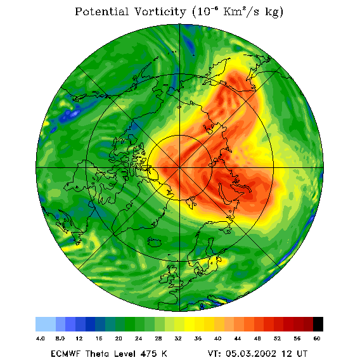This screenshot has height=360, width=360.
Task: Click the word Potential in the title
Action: pyautogui.click(x=101, y=11)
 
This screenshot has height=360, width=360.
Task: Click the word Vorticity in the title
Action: pyautogui.click(x=160, y=11)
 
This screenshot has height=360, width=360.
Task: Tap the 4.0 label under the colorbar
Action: pyautogui.click(x=41, y=338)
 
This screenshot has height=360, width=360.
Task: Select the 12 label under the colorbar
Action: pyautogui.click(x=79, y=338)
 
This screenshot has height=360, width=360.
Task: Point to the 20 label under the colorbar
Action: pyautogui.click(x=119, y=338)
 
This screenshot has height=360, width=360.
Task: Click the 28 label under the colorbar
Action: pyautogui.click(x=158, y=338)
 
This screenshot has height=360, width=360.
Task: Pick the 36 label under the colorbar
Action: pyautogui.click(x=198, y=338)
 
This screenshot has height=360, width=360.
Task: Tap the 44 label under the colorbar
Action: pyautogui.click(x=238, y=338)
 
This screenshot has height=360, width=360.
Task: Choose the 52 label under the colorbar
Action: pyautogui.click(x=278, y=338)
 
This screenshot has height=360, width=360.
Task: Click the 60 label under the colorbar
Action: pyautogui.click(x=317, y=338)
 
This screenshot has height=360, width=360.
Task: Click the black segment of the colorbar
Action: pyautogui.click(x=318, y=324)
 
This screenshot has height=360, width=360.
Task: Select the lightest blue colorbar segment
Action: pyautogui.click(x=46, y=324)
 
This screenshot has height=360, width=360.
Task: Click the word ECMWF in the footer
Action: pyautogui.click(x=65, y=353)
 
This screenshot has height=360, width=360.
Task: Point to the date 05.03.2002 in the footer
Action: pyautogui.click(x=251, y=353)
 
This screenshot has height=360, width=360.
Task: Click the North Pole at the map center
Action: pyautogui.click(x=179, y=168)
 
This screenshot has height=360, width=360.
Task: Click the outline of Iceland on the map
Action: pyautogui.click(x=154, y=241)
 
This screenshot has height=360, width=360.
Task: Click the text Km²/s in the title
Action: pyautogui.click(x=241, y=11)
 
